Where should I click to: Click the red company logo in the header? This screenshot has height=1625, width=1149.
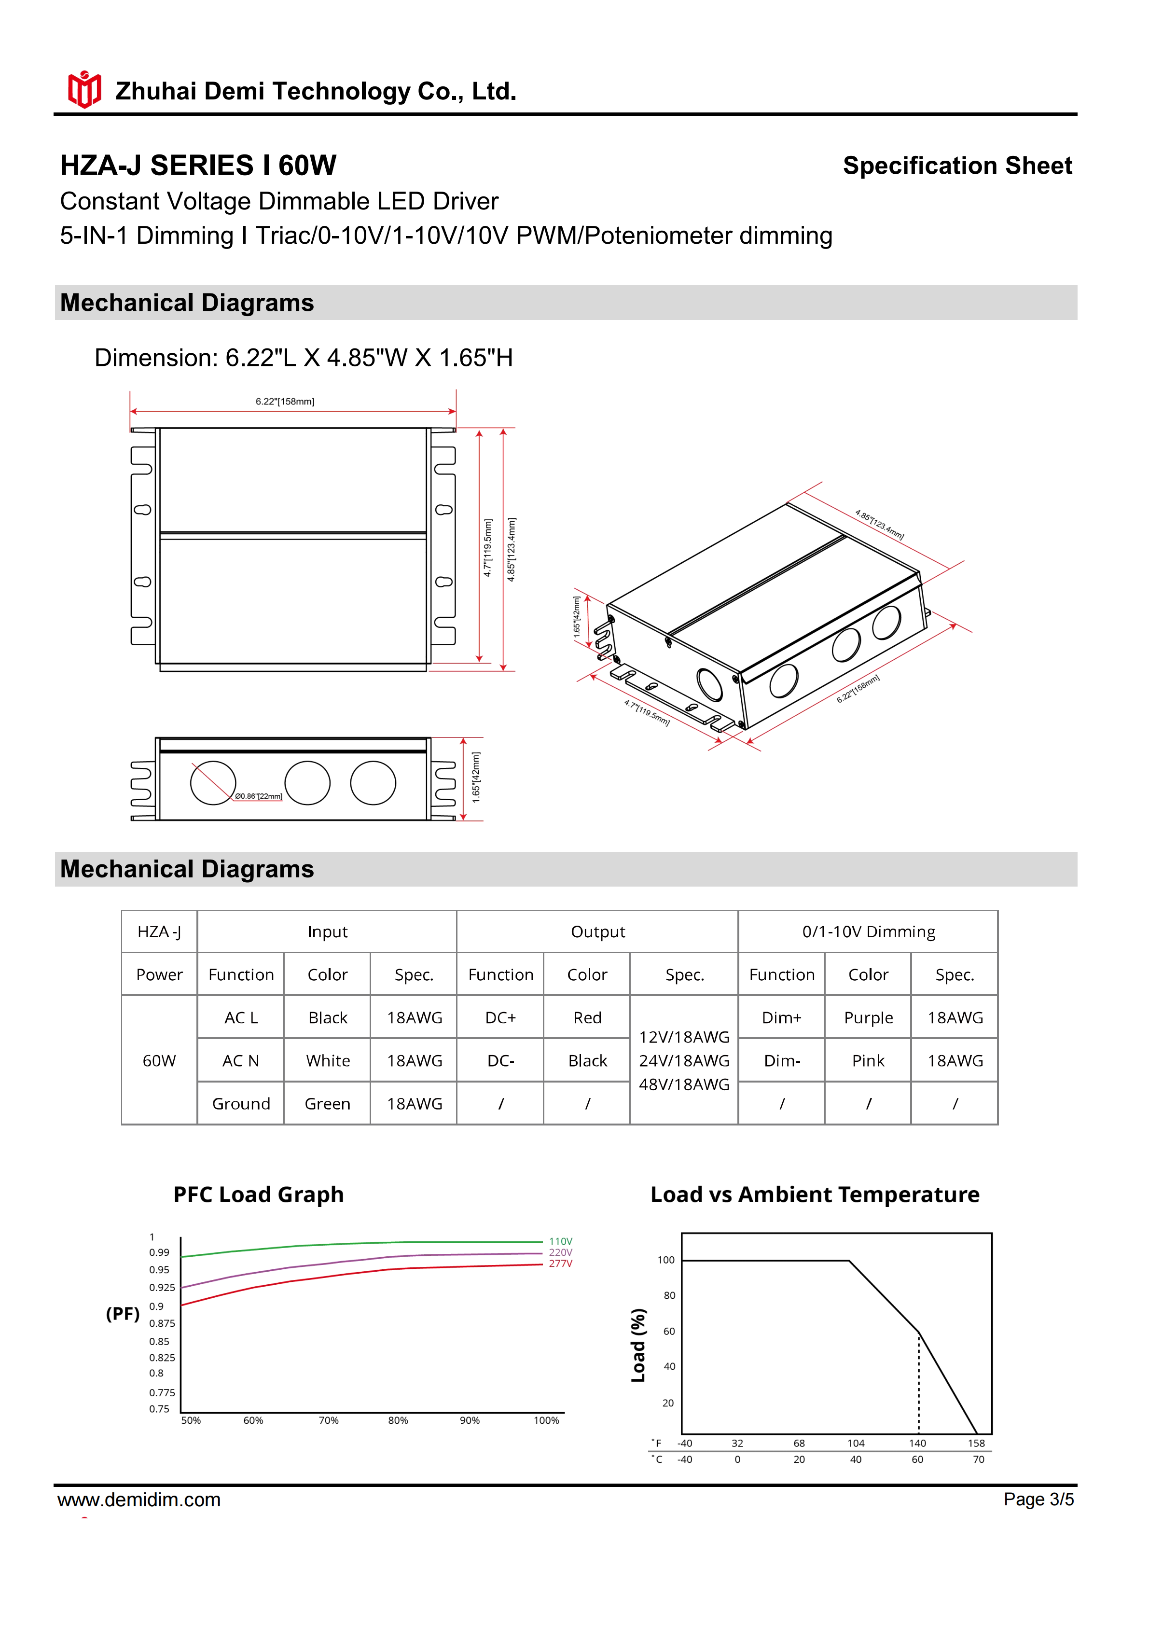[x=84, y=90]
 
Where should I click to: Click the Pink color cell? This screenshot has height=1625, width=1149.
[x=868, y=1060]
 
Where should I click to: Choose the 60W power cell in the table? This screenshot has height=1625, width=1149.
[x=159, y=1060]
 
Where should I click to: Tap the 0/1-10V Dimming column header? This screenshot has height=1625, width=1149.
[x=868, y=931]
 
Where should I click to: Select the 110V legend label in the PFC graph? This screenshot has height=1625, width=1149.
[x=560, y=1241]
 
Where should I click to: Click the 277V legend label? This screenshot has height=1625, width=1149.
[x=560, y=1264]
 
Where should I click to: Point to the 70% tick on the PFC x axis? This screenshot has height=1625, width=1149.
[x=328, y=1420]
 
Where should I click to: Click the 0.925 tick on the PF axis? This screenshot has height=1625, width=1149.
[x=162, y=1287]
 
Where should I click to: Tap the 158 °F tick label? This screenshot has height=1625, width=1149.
[x=976, y=1443]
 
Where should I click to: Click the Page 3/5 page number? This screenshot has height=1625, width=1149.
[x=1038, y=1499]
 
